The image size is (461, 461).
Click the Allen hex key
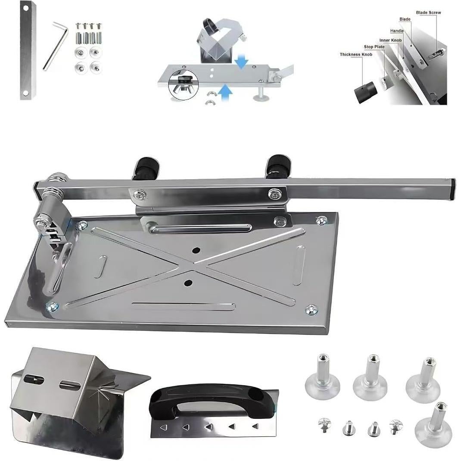point(55,47)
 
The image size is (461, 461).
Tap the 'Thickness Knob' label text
point(355,55)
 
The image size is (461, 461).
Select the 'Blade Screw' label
point(428,13)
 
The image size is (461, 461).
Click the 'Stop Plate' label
point(374,47)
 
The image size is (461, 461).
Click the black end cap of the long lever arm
point(452,188)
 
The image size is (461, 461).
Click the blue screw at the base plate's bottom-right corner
point(312,309)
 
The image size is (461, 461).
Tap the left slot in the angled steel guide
point(35,380)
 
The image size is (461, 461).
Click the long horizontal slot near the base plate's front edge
point(184,306)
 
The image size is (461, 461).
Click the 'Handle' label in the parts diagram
point(396,31)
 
